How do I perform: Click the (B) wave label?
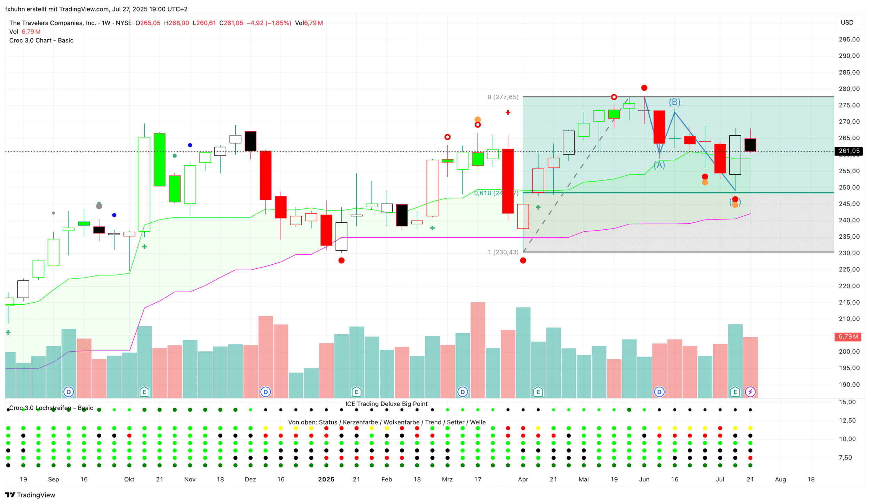674,102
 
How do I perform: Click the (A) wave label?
659,165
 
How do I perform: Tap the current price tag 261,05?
848,151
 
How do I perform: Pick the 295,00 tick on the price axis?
849,39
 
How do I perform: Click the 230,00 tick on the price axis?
849,253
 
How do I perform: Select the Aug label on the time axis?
780,479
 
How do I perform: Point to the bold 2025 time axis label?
326,479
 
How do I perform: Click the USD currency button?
847,23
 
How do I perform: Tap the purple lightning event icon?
750,392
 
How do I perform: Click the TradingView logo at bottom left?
30,495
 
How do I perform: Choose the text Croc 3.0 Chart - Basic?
41,40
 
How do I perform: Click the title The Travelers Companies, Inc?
53,23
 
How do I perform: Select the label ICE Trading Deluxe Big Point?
386,404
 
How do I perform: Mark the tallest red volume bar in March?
477,350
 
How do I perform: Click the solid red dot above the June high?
644,88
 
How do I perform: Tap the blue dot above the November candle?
190,145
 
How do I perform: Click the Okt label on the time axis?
129,479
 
